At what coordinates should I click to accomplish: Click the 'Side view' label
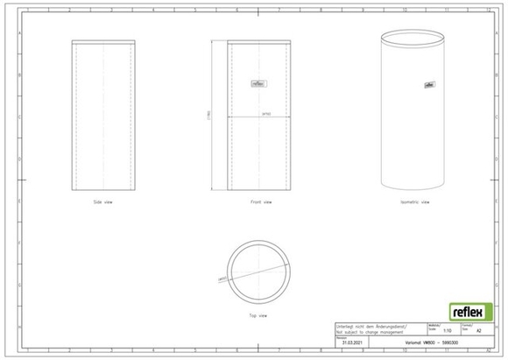coord(102,202)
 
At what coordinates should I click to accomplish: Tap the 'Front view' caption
coord(261,202)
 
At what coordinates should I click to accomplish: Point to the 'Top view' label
coord(258,312)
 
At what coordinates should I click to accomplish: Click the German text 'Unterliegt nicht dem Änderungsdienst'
coord(372,327)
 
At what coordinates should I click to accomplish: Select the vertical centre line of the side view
coord(103,114)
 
